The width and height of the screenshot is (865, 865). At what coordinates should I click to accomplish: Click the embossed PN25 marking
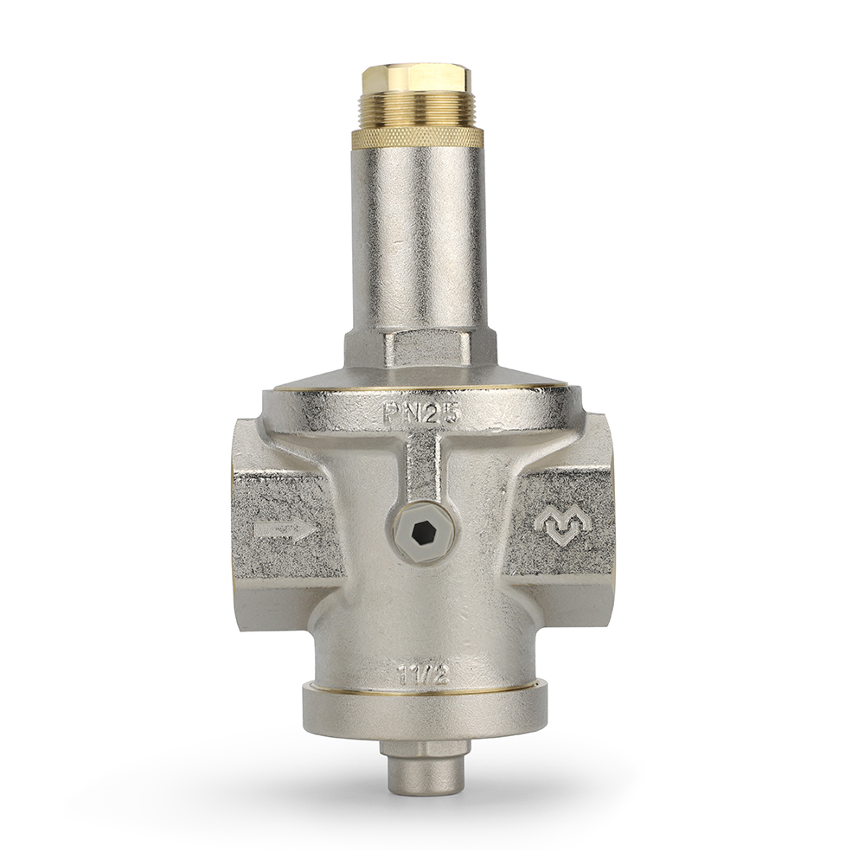[x=420, y=413]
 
